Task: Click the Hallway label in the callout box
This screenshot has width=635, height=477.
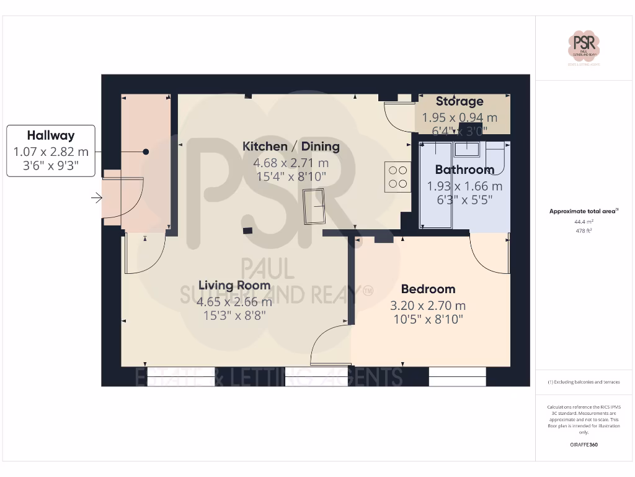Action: tap(50, 135)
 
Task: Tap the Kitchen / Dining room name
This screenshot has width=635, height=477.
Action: tap(291, 147)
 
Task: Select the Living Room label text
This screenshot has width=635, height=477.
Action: tap(234, 286)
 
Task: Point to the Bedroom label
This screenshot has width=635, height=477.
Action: tap(428, 289)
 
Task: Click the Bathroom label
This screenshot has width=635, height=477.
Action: tap(464, 170)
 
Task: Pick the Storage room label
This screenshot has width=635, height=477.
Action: tap(460, 101)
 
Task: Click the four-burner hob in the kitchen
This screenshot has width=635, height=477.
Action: tap(397, 176)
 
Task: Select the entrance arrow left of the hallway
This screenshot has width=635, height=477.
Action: tap(97, 198)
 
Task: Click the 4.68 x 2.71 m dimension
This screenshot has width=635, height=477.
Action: tap(291, 163)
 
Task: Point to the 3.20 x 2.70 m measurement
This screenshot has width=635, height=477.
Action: tap(428, 306)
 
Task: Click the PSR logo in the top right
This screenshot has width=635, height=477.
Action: tap(584, 47)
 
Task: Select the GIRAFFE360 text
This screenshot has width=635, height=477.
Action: tap(584, 445)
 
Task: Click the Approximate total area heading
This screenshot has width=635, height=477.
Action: tap(583, 212)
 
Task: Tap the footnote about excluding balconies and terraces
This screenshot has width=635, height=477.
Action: tap(584, 382)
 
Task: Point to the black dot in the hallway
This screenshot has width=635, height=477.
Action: tap(146, 152)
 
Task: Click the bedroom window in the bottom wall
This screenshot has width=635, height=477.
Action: tap(457, 376)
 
